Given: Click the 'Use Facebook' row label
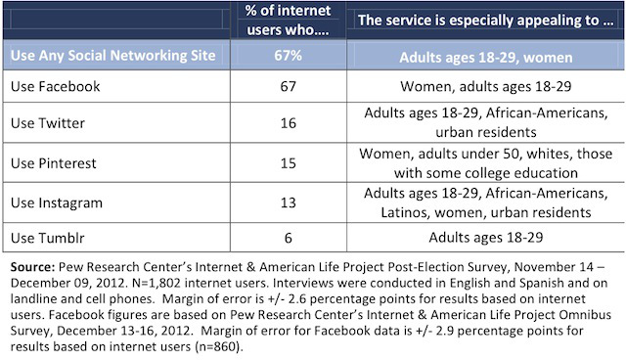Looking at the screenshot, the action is pyautogui.click(x=56, y=86).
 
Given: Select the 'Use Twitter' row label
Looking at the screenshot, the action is pyautogui.click(x=48, y=123).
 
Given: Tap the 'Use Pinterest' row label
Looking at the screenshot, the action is pyautogui.click(x=54, y=163).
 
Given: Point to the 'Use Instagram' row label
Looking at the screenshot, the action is pyautogui.click(x=57, y=202).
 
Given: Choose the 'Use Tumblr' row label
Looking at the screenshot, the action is pyautogui.click(x=48, y=238).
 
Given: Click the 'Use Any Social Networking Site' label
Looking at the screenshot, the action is pyautogui.click(x=113, y=55).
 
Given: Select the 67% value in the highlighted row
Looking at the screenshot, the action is pyautogui.click(x=288, y=55).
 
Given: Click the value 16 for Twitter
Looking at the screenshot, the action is pyautogui.click(x=288, y=123).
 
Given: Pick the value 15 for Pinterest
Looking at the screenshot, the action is pyautogui.click(x=288, y=163).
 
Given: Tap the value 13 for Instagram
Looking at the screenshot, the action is pyautogui.click(x=288, y=202).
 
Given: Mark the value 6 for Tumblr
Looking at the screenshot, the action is pyautogui.click(x=289, y=238).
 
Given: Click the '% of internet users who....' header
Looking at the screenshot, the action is pyautogui.click(x=288, y=20).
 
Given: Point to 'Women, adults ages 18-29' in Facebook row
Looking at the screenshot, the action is pyautogui.click(x=486, y=87).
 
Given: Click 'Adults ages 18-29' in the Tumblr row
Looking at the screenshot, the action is pyautogui.click(x=486, y=238).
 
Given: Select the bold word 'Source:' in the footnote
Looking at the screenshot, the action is pyautogui.click(x=32, y=267).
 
